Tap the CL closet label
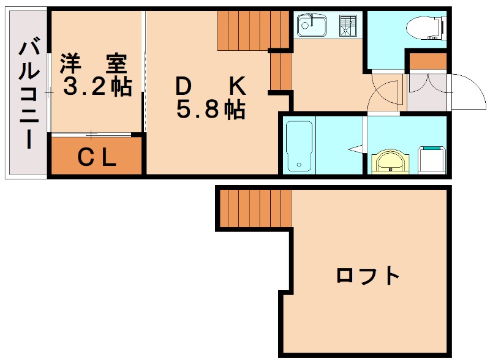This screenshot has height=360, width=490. pyautogui.click(x=97, y=159)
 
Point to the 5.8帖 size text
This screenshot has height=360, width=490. pyautogui.click(x=211, y=110)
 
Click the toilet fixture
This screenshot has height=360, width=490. pyautogui.click(x=424, y=28)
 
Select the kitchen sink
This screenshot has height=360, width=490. pyautogui.click(x=312, y=26)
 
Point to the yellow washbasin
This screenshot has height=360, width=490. pyautogui.click(x=388, y=162)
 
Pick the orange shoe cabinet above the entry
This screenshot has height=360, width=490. pyautogui.click(x=428, y=61)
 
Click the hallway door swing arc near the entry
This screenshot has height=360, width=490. pyautogui.click(x=385, y=92)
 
